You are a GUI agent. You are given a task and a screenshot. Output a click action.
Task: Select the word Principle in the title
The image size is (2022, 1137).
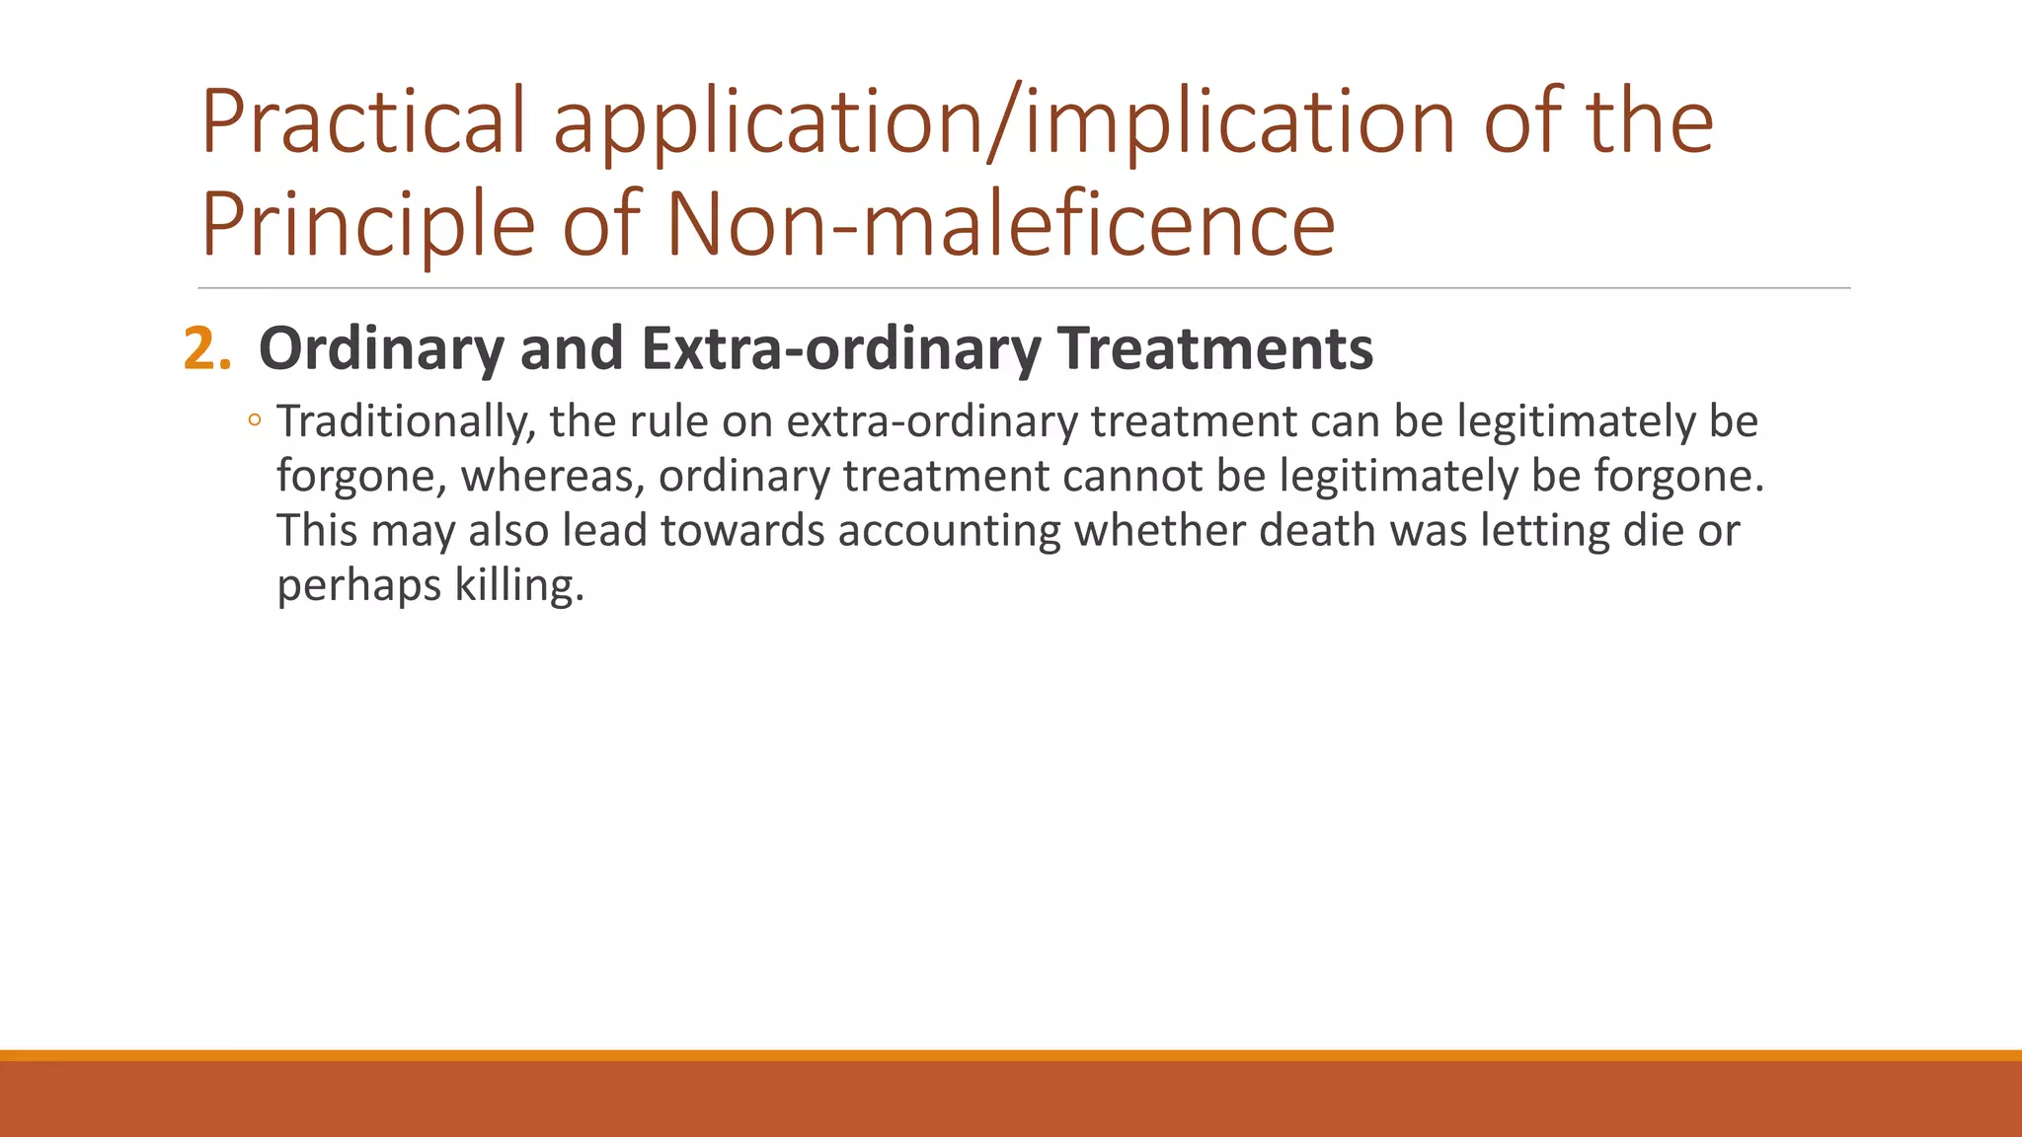point(367,225)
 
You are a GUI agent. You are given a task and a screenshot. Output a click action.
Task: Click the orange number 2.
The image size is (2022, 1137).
point(206,349)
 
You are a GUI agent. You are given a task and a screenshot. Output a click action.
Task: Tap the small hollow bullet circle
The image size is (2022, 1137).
point(255,421)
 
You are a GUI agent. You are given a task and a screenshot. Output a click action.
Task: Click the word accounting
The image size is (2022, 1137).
point(949,531)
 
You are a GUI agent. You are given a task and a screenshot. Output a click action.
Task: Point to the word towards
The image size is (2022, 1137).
point(741,531)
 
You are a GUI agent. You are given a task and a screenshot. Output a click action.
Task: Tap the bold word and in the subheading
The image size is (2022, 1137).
point(572,349)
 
